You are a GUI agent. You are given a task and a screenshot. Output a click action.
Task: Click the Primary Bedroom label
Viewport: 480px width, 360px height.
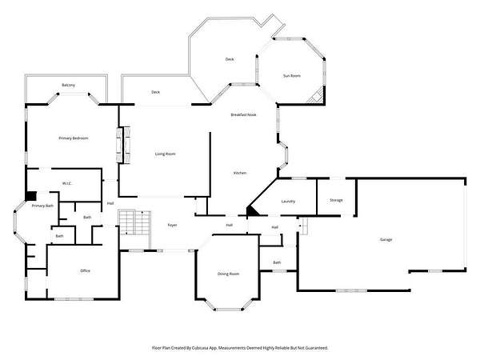(x=74, y=138)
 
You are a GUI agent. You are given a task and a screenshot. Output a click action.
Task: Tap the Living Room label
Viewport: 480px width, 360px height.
(x=166, y=154)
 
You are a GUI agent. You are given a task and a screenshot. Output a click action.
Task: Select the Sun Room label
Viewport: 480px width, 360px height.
(x=292, y=76)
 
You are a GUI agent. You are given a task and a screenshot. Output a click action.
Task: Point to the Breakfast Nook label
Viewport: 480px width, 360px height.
(x=243, y=114)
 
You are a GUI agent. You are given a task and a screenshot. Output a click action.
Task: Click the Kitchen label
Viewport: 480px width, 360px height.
(x=240, y=174)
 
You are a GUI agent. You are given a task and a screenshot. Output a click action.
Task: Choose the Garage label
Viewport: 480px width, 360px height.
(x=386, y=240)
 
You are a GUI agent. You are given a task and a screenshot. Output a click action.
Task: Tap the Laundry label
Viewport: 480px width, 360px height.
(x=288, y=202)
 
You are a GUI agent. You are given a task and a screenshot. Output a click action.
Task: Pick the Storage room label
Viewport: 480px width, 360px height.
(x=336, y=200)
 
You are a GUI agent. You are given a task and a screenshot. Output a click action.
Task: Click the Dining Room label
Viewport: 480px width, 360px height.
(x=228, y=274)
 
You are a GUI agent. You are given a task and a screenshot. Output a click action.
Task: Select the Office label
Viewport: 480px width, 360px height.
(x=85, y=271)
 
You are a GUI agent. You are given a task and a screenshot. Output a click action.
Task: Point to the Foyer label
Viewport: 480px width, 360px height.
(x=172, y=226)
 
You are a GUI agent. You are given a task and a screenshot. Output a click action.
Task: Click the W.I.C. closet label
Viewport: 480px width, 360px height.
(x=67, y=184)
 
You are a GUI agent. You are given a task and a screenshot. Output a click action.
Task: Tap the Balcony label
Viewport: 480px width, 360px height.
(x=68, y=85)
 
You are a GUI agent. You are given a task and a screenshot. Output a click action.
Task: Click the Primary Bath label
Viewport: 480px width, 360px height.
(x=42, y=206)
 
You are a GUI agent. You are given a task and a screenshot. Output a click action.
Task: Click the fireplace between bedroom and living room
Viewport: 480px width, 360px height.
(x=123, y=145)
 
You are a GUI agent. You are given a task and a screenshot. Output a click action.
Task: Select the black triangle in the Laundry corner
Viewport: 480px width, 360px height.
(x=253, y=210)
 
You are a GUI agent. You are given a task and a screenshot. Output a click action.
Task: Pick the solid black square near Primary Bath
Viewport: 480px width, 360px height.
(x=30, y=196)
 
